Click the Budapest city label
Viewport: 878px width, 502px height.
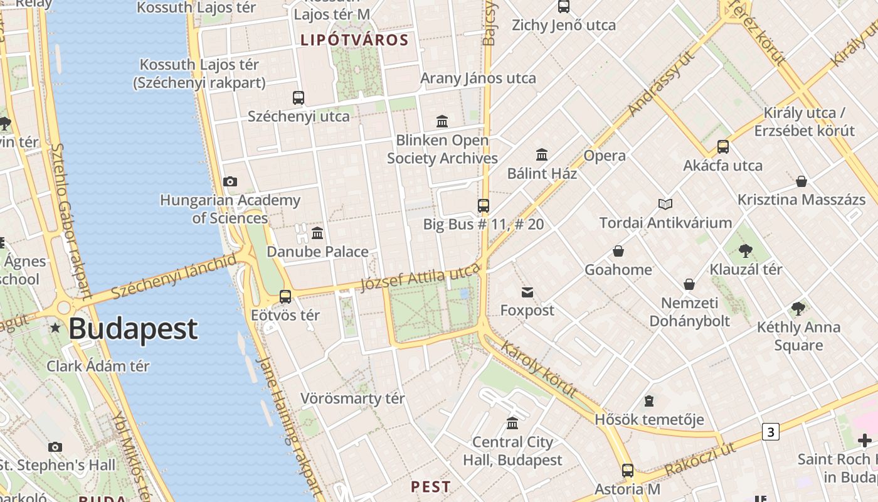click(133, 329)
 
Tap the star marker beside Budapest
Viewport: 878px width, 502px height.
click(56, 328)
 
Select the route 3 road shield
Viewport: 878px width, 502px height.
click(771, 432)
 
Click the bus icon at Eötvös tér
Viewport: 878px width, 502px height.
click(285, 297)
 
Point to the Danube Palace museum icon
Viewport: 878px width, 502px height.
click(317, 233)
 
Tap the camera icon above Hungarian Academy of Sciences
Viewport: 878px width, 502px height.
click(230, 182)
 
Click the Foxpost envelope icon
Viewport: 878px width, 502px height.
click(527, 292)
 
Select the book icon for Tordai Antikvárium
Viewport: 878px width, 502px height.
click(665, 204)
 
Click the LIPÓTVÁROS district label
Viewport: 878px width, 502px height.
click(354, 40)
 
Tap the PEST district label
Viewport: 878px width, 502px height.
click(430, 486)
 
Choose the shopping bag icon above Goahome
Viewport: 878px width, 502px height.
click(618, 252)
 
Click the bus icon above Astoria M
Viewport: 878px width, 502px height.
click(627, 471)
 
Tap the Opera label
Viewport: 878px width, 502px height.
click(605, 156)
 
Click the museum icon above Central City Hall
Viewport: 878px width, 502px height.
click(512, 423)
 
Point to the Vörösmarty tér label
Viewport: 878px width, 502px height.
click(352, 398)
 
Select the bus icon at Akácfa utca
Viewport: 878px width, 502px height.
click(723, 147)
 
